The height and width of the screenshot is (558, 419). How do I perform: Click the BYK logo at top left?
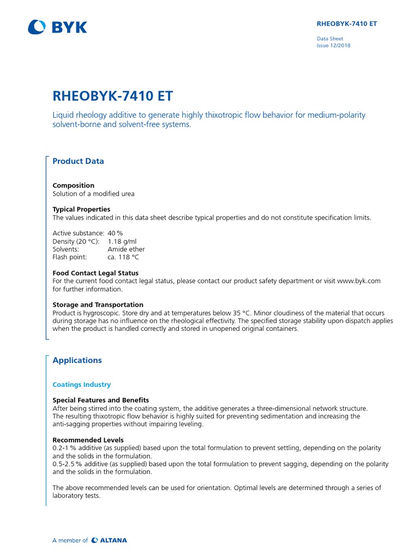click(57, 27)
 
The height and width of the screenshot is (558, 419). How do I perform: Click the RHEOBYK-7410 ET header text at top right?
click(347, 24)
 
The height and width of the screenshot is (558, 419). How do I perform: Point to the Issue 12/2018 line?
click(333, 46)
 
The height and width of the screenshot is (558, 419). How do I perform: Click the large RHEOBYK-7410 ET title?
click(112, 96)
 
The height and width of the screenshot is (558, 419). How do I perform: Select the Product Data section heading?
click(78, 161)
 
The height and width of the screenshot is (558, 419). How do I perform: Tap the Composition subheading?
click(73, 185)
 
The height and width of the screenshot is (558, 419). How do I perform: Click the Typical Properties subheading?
click(81, 209)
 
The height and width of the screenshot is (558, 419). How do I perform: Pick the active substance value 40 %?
click(116, 233)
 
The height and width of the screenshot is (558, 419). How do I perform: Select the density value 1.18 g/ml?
click(122, 241)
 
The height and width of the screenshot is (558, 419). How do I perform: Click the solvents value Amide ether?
click(127, 249)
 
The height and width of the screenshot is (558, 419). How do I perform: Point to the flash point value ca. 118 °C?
click(124, 257)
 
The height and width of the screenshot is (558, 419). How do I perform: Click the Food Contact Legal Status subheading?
click(95, 273)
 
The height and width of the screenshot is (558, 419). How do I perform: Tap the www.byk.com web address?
click(358, 281)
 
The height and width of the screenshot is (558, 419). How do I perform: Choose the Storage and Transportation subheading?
click(98, 305)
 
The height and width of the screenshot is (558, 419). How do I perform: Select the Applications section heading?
click(77, 360)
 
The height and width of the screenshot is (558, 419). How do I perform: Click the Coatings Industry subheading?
click(81, 385)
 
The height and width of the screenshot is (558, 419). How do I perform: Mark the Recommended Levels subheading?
click(88, 440)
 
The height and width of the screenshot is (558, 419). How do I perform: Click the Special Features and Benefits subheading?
click(100, 400)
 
